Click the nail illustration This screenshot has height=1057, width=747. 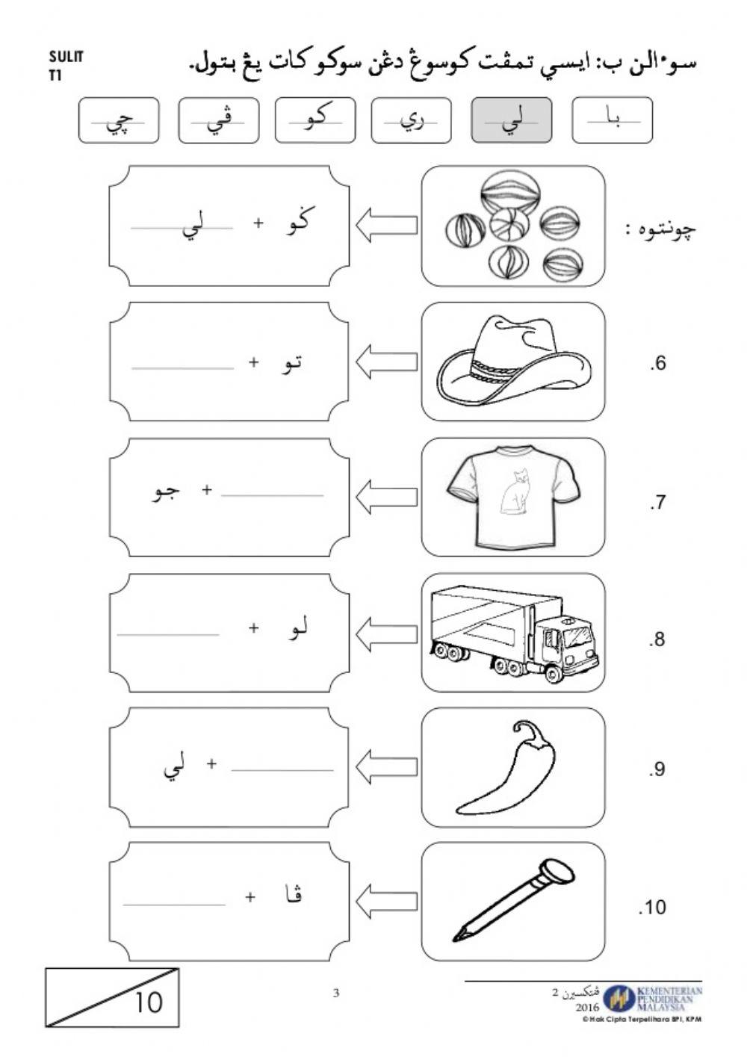click(x=513, y=900)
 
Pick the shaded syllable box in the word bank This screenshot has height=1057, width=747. click(x=512, y=120)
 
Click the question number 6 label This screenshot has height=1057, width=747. click(x=657, y=364)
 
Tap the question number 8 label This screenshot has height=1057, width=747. click(x=657, y=639)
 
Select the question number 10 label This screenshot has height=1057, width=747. click(x=652, y=908)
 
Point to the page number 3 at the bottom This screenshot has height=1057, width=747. click(x=336, y=993)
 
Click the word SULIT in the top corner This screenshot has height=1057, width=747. click(x=66, y=57)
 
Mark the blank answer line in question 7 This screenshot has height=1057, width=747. click(x=273, y=495)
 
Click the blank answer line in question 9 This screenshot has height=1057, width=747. click(x=282, y=769)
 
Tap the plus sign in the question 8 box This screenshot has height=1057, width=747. click(x=254, y=628)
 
